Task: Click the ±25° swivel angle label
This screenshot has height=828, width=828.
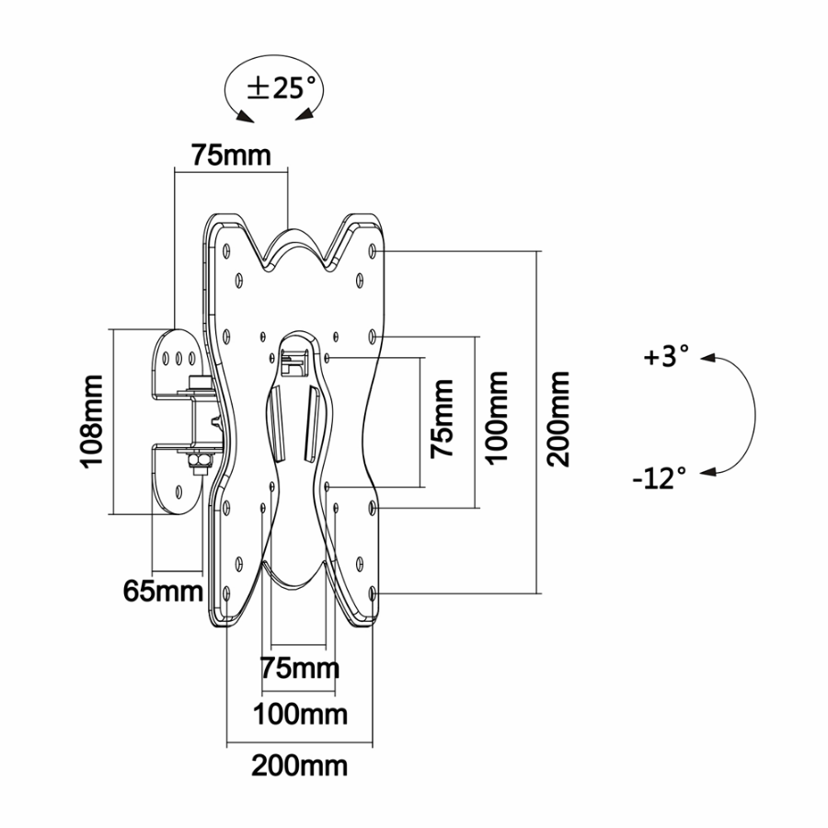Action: (x=282, y=87)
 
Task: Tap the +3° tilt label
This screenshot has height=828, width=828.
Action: (x=666, y=356)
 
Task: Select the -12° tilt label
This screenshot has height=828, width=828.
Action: (x=660, y=478)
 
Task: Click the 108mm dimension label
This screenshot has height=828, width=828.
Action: (x=91, y=420)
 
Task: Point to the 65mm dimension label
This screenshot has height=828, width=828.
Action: (x=163, y=591)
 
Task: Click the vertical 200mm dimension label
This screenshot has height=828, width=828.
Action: (x=558, y=420)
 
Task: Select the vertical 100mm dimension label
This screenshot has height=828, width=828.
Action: (x=497, y=418)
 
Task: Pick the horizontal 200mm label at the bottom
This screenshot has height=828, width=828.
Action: (x=299, y=765)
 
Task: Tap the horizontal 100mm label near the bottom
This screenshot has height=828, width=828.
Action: (x=300, y=715)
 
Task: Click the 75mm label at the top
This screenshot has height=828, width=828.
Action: (x=231, y=155)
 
